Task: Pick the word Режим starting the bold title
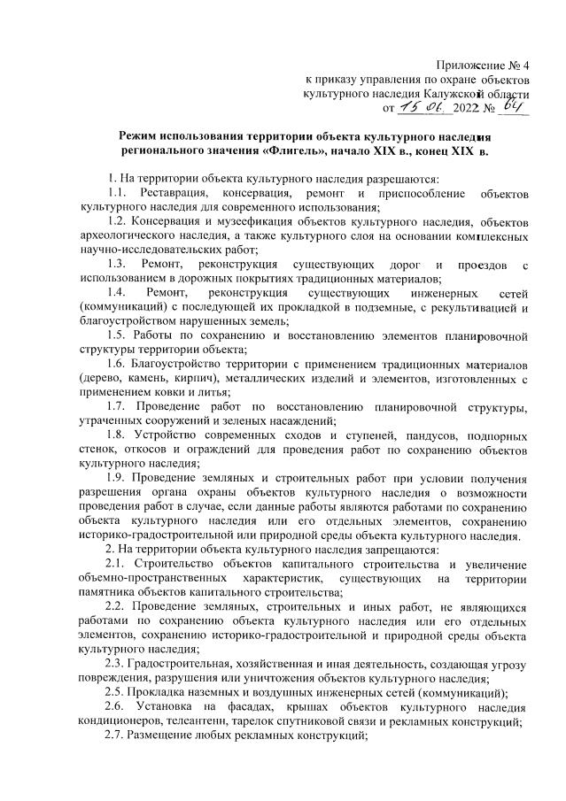click(x=141, y=136)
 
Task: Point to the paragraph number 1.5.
click(x=116, y=335)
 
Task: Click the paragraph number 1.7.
click(x=116, y=407)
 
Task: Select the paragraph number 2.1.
click(x=116, y=563)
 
